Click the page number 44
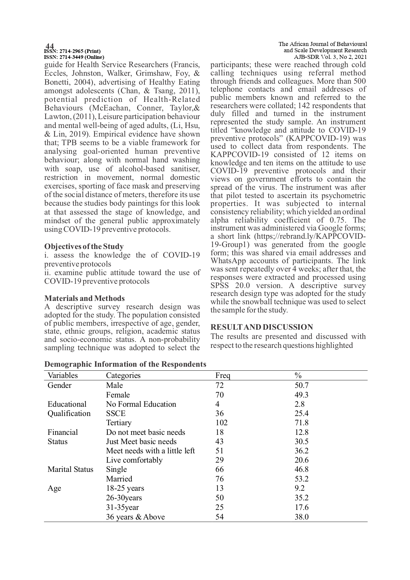pos(50,46)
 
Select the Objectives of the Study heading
pos(84,247)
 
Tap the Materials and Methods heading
pos(85,298)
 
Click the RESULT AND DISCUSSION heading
pos(262,327)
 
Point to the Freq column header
pos(223,376)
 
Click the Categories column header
pos(123,376)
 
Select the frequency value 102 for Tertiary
pos(221,423)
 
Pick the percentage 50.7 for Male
pos(301,386)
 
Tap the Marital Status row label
pos(70,470)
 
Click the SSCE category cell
pos(116,414)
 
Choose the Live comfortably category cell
pos(134,460)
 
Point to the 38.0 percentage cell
pos(301,517)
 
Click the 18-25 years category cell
pos(125,488)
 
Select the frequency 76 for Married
pos(219,479)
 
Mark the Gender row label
pos(59,386)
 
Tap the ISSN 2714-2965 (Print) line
pos(72,51)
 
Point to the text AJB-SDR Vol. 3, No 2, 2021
pos(330,57)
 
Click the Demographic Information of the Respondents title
pos(125,364)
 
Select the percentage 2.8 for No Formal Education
pos(299,404)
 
